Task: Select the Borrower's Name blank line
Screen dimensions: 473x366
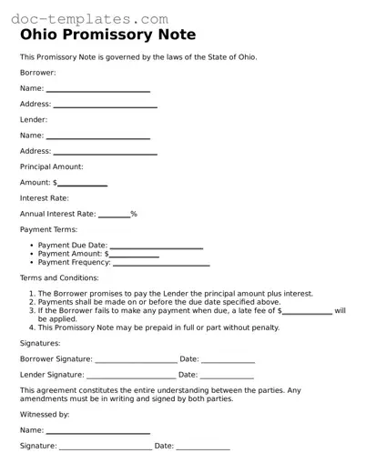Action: pos(97,90)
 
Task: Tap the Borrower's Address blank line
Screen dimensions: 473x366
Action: pos(105,106)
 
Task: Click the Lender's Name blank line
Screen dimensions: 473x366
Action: pos(97,137)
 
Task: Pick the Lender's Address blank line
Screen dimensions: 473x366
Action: pos(105,153)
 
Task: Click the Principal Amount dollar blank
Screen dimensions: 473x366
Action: pos(83,185)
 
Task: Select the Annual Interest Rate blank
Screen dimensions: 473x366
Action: pos(114,216)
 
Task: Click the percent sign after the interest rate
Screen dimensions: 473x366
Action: pos(134,215)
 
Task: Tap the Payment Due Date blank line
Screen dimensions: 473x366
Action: pos(156,247)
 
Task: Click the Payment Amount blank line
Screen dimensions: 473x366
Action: pos(135,256)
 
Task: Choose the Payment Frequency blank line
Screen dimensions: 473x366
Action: pos(161,265)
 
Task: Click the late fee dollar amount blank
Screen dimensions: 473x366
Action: pos(308,312)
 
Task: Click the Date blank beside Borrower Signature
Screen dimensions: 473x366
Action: pos(228,361)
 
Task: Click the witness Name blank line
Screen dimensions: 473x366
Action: pos(97,432)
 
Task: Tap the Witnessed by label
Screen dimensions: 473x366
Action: pos(45,414)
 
